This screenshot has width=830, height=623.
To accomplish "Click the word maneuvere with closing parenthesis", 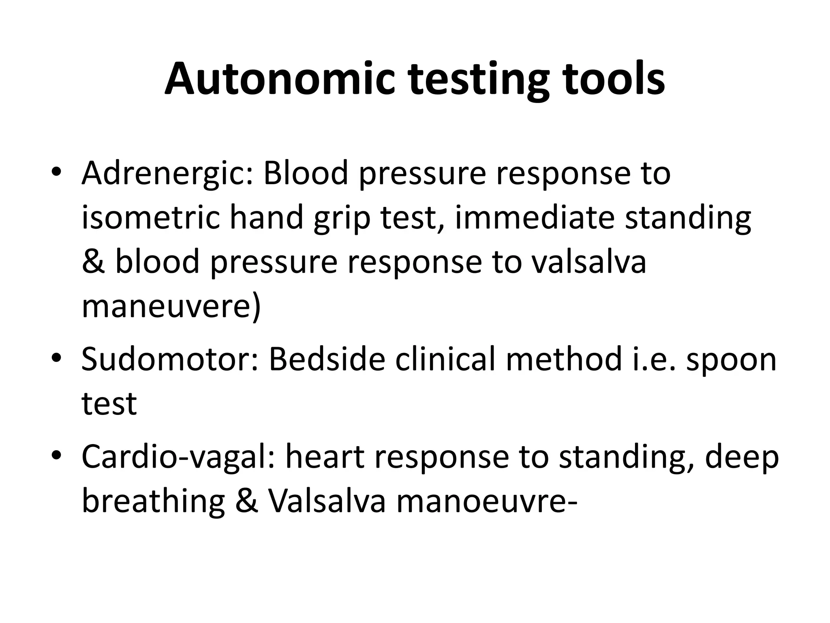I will [x=171, y=307].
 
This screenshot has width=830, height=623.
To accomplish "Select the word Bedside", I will [x=327, y=359].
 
